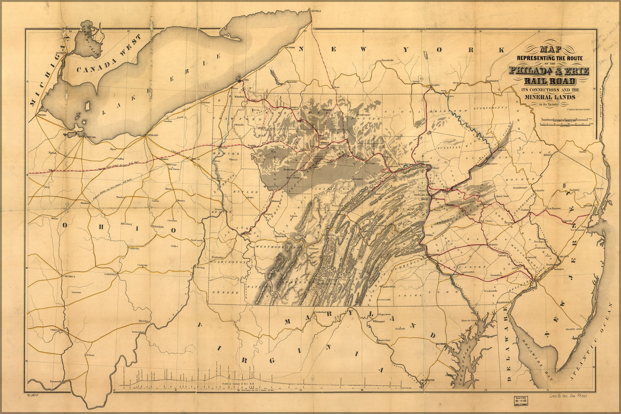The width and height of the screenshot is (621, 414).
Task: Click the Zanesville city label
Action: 111,274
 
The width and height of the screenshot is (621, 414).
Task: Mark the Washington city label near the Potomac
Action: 427,380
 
